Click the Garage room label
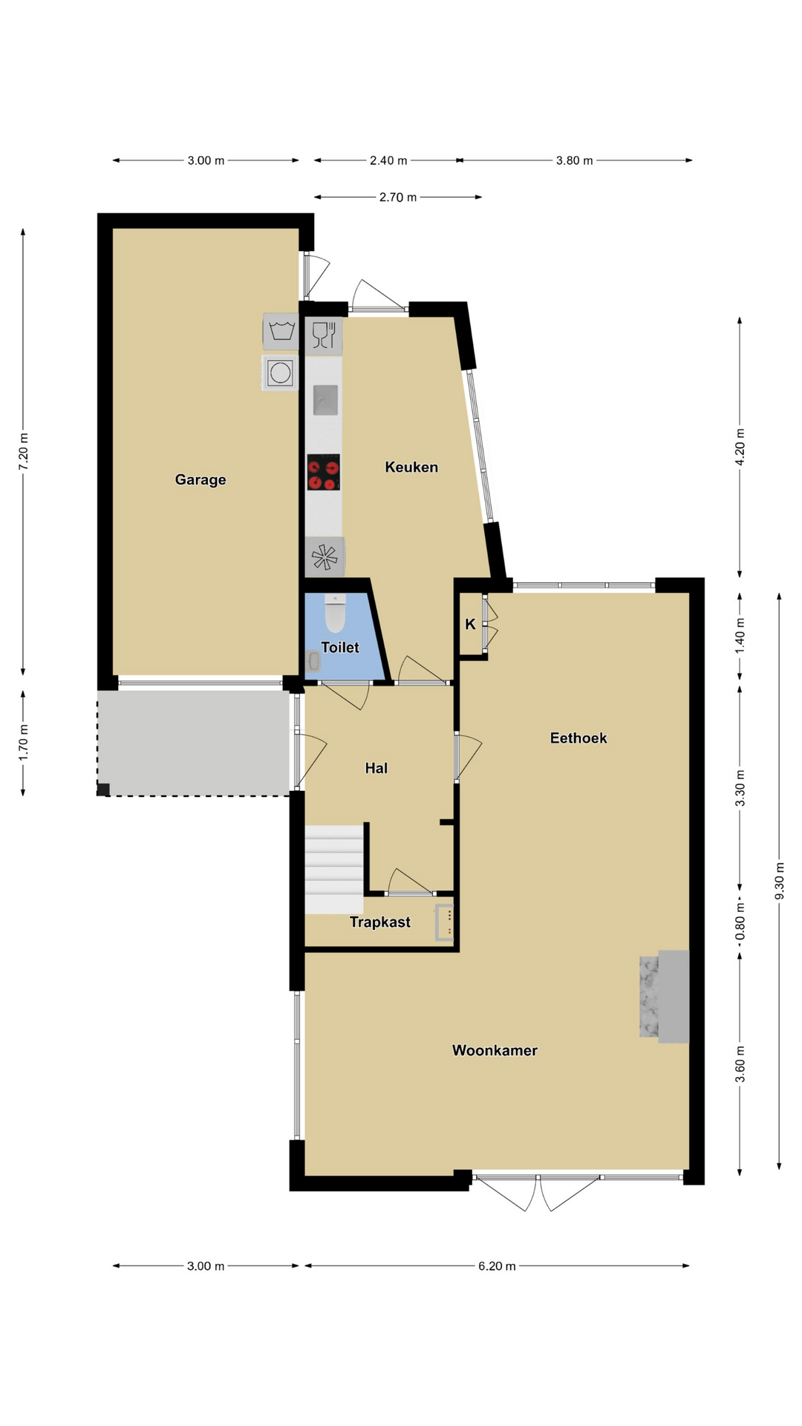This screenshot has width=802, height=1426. [x=200, y=480]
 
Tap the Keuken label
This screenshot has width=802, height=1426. [x=411, y=467]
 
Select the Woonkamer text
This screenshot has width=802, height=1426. [x=495, y=1050]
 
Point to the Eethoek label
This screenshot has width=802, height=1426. [x=578, y=738]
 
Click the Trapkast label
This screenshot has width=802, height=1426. [x=380, y=922]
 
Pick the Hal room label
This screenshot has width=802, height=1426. [x=376, y=768]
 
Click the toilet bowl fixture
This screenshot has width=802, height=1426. [x=336, y=613]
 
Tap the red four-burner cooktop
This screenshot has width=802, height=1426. [x=324, y=472]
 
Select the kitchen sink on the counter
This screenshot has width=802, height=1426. [x=325, y=400]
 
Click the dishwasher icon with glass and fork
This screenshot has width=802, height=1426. [x=324, y=336]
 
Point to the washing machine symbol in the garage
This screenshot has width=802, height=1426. [x=281, y=331]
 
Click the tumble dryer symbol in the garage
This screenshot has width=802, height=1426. [x=280, y=372]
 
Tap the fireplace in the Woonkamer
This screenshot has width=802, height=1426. [x=665, y=996]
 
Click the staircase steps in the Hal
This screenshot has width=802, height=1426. [x=334, y=869]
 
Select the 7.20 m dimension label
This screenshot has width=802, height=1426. [x=24, y=451]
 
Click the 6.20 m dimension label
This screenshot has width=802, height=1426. [x=497, y=1266]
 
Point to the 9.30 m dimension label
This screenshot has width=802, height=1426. [x=779, y=881]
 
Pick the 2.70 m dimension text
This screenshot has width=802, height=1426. [x=398, y=198]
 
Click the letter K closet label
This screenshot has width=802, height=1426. [x=470, y=625]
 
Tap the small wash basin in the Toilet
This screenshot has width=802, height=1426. [x=313, y=661]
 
